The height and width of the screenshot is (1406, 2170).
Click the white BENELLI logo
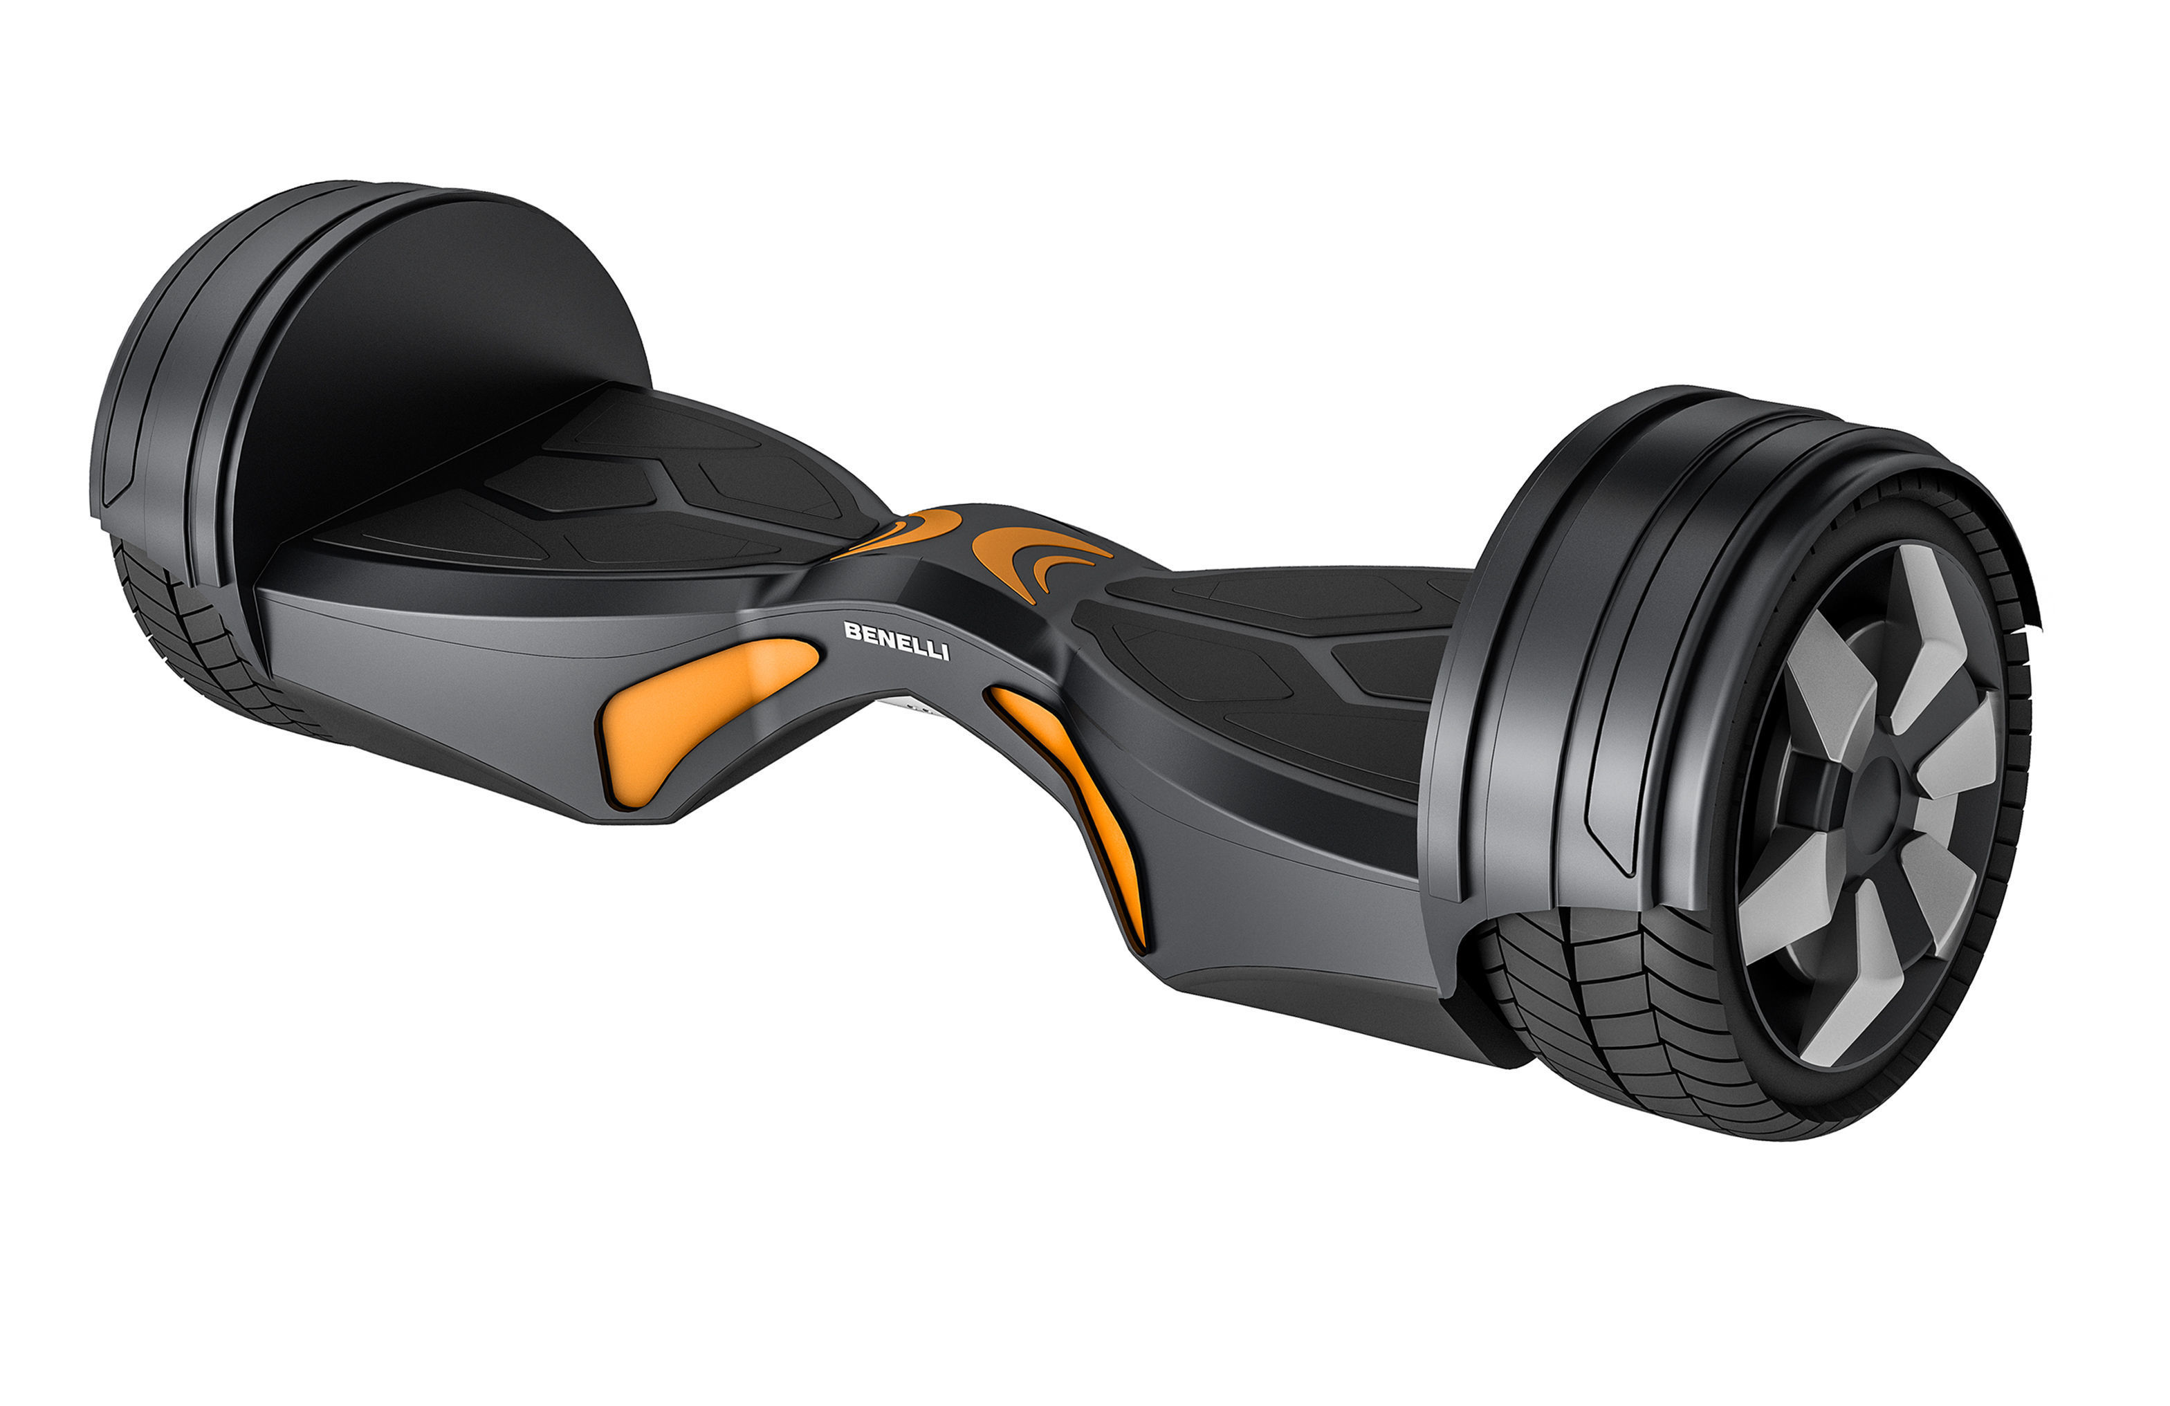coord(896,640)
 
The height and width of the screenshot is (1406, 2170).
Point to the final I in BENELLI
coord(945,652)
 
